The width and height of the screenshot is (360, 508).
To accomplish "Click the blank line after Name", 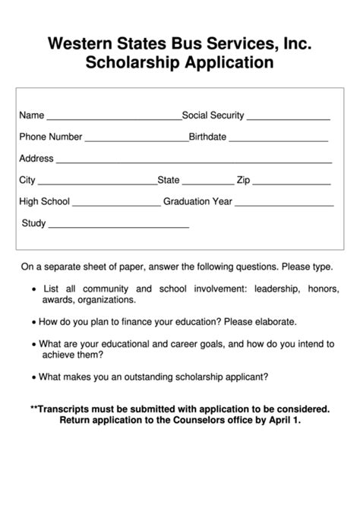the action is point(114,119).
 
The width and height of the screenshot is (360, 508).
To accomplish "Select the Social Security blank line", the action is point(289,119).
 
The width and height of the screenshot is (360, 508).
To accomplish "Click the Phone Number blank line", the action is point(136,141).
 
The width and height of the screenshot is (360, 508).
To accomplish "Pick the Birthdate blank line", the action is point(279,141).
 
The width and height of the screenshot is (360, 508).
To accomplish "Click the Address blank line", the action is point(194,162).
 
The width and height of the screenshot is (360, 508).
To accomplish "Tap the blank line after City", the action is point(97,184).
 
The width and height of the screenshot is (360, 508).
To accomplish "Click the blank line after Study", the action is point(118,227).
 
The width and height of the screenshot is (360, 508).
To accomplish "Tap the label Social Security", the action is point(213,116).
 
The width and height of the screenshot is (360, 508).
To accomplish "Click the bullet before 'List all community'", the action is point(34,290).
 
